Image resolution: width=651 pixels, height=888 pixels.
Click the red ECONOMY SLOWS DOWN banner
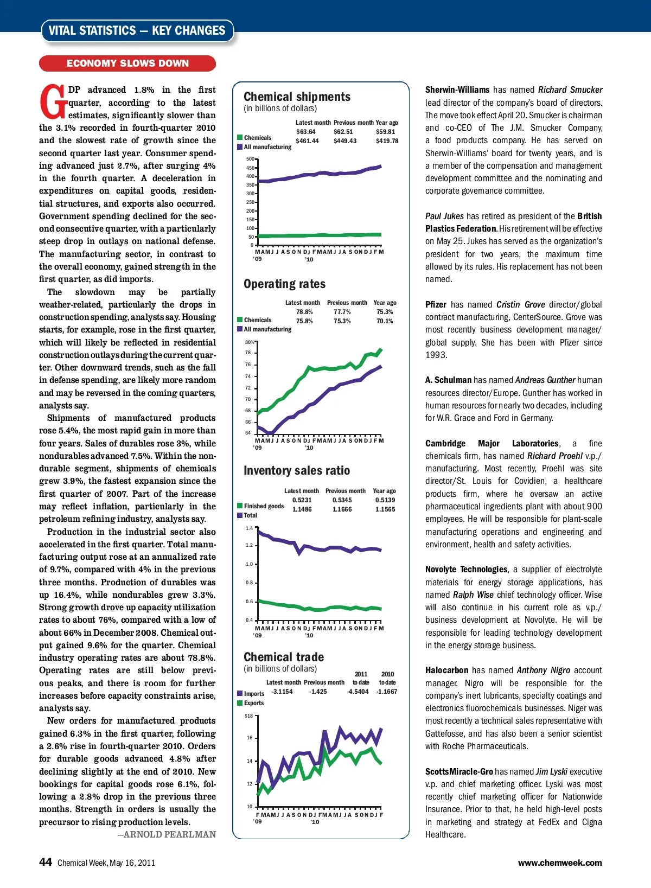coord(127,63)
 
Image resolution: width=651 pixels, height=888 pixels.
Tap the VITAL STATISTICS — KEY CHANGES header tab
coord(137,31)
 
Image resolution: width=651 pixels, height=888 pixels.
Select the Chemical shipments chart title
coord(297,97)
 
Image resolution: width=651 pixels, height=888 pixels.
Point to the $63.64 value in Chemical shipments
coord(305,132)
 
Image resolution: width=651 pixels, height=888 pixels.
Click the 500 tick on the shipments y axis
coord(250,159)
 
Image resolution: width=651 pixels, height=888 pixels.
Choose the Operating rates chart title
coord(284,284)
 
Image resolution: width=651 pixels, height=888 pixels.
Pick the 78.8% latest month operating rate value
coord(304,312)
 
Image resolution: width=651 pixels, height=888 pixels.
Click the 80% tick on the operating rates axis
coord(250,342)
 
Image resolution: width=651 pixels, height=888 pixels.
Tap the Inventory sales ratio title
coord(297,470)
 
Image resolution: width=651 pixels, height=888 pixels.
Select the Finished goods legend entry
coord(263,506)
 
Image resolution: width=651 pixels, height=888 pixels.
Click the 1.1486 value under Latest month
coord(302,509)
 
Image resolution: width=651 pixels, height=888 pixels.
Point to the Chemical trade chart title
coord(284,657)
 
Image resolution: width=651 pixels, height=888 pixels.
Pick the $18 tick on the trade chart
coord(249,716)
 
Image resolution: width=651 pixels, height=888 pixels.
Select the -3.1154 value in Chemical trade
coord(282,692)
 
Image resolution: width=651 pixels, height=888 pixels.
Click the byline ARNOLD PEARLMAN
coord(167,834)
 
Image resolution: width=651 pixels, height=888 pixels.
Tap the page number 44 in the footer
coord(46,862)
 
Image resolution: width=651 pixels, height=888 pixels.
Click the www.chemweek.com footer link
coord(560,863)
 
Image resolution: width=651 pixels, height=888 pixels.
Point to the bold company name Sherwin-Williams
coord(457,90)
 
